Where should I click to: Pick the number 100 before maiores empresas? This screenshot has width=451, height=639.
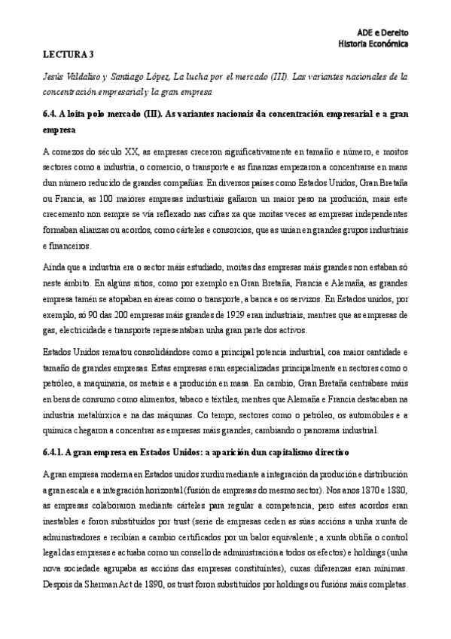(113, 198)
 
